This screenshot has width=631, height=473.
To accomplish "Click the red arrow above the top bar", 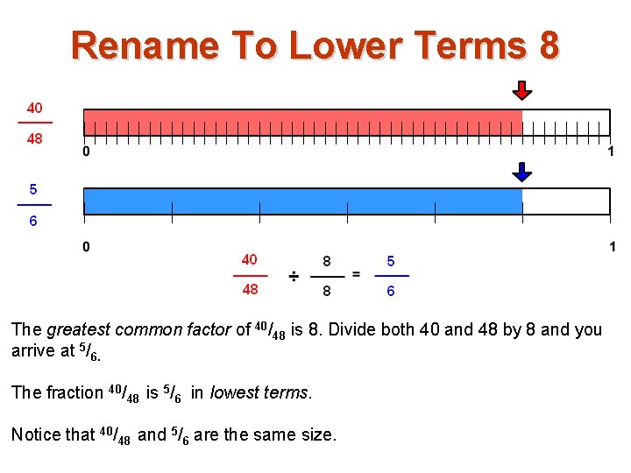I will pyautogui.click(x=522, y=90).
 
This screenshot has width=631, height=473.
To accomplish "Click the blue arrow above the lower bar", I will pyautogui.click(x=522, y=171).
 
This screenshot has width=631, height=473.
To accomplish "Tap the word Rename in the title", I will pyautogui.click(x=145, y=45).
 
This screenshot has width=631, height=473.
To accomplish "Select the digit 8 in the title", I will pyautogui.click(x=547, y=45).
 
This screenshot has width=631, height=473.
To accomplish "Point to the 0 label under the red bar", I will pyautogui.click(x=86, y=152).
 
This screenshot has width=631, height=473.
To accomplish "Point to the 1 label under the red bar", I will pyautogui.click(x=611, y=152).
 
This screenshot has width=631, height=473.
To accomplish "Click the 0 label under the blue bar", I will pyautogui.click(x=86, y=247).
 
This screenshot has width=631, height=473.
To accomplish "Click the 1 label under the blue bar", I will pyautogui.click(x=612, y=247).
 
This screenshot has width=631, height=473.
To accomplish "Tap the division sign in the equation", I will pyautogui.click(x=294, y=276).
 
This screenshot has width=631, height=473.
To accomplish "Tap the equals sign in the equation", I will pyautogui.click(x=356, y=274).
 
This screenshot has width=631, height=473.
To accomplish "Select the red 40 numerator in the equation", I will pyautogui.click(x=250, y=259).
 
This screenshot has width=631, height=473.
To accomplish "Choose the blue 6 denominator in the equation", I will pyautogui.click(x=391, y=290).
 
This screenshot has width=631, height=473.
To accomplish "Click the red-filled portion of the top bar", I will pyautogui.click(x=302, y=122).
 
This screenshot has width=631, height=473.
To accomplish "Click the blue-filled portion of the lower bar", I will pyautogui.click(x=302, y=201).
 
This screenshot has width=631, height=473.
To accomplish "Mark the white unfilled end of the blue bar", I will pyautogui.click(x=565, y=201).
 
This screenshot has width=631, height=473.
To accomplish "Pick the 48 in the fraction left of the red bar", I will pyautogui.click(x=34, y=138).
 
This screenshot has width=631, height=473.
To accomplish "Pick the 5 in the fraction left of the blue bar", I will pyautogui.click(x=33, y=189).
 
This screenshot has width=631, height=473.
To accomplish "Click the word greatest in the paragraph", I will pyautogui.click(x=78, y=330).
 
